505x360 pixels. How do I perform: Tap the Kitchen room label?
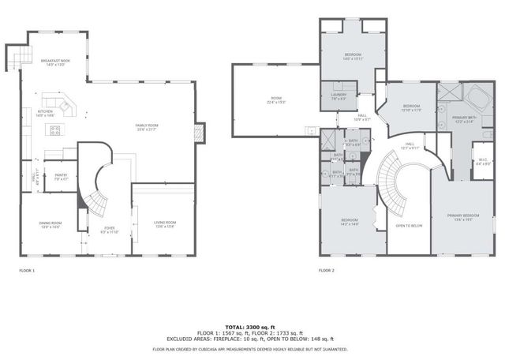(45, 114)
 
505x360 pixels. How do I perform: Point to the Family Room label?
(146, 128)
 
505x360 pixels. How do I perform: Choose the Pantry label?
(60, 179)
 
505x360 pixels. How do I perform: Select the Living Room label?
(165, 224)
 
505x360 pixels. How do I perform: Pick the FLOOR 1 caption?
(27, 270)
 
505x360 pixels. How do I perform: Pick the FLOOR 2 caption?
(327, 270)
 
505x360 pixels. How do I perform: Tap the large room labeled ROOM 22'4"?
(275, 100)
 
